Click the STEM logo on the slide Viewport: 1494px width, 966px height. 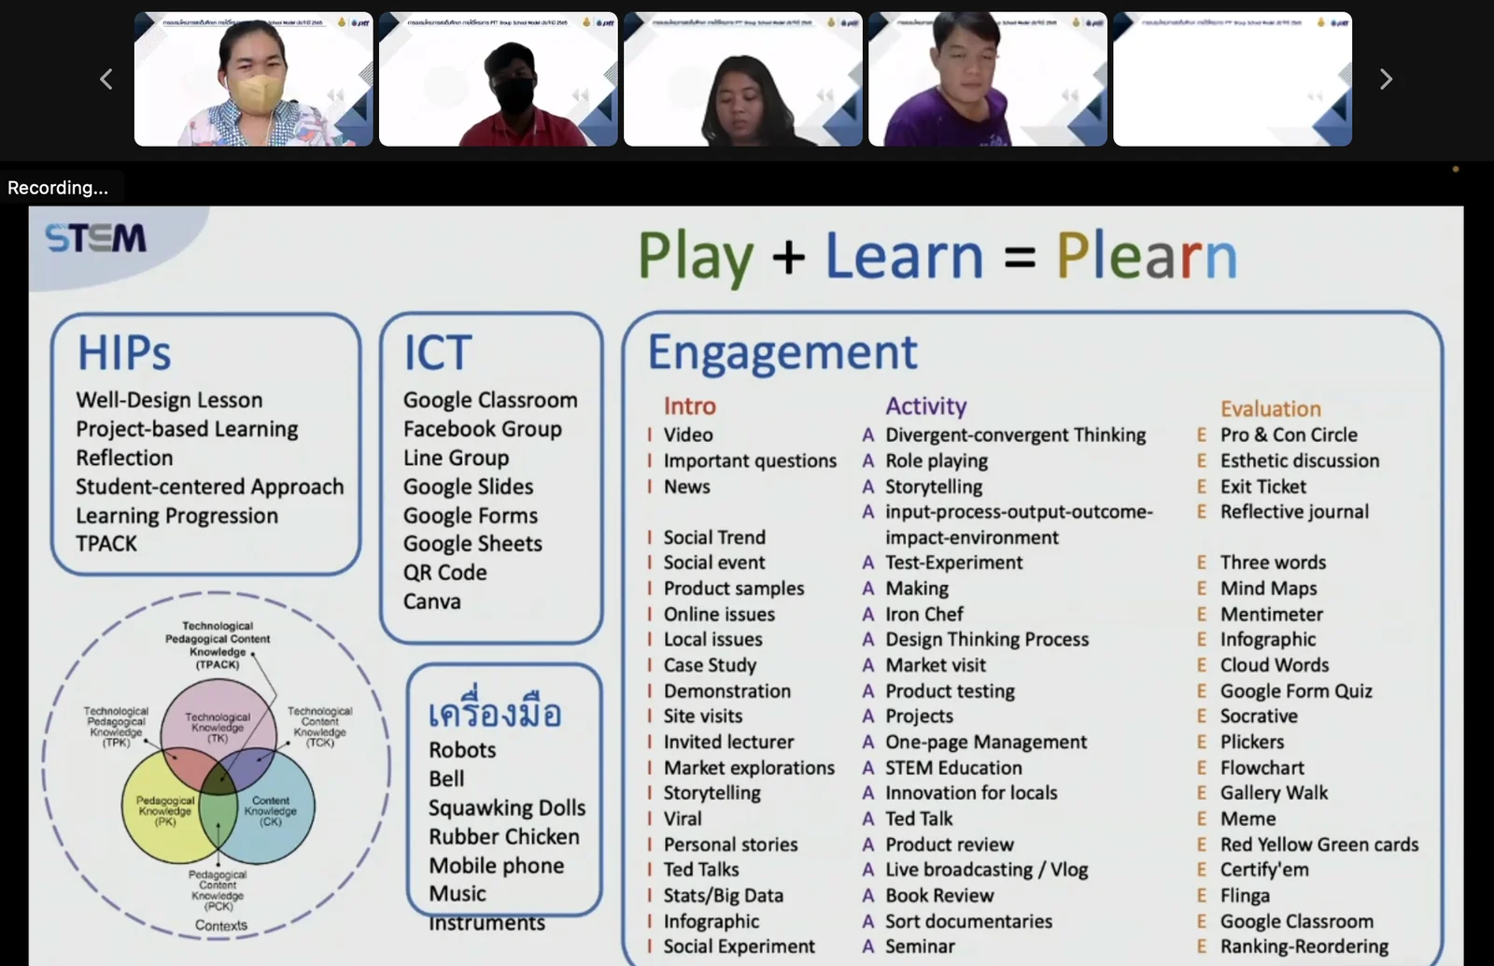coord(96,238)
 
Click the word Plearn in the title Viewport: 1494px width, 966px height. coord(1147,256)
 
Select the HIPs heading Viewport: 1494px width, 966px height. coord(124,353)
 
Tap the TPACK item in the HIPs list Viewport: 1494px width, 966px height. coord(106,544)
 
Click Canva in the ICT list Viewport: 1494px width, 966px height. coord(432,602)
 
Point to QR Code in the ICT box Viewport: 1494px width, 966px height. coord(445,573)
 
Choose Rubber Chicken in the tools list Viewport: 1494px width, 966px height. coord(504,837)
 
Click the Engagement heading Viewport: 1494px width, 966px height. coord(782,353)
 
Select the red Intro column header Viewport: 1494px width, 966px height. coord(690,406)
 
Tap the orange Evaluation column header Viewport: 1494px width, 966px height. coord(1271,409)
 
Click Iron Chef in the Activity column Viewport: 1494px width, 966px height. coord(924,615)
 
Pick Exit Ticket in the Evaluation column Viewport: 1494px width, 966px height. coord(1263,487)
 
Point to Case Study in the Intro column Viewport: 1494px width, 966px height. coord(710,665)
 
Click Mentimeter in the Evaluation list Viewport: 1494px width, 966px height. coord(1272,615)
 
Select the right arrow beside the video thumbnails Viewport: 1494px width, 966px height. coord(1386,79)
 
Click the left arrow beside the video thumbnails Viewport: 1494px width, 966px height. coord(106,79)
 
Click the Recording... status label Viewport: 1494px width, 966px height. coord(58,188)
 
